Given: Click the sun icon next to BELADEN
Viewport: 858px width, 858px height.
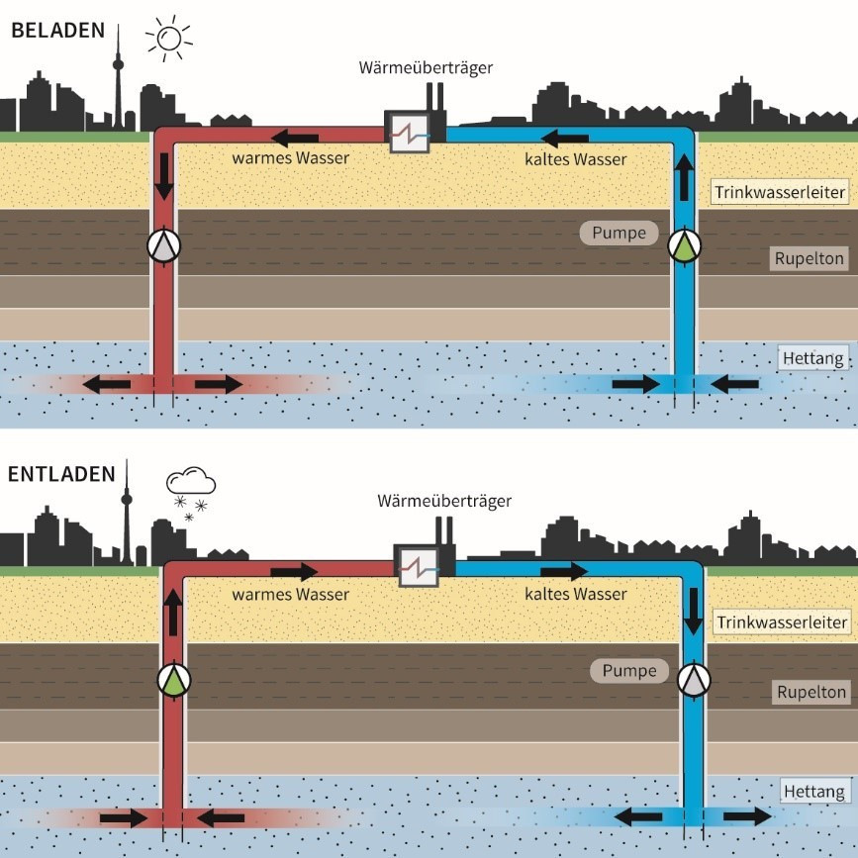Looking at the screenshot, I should click(168, 39).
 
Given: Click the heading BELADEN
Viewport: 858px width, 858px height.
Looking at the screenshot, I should click(57, 30).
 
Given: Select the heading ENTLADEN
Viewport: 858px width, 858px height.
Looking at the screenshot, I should click(61, 473).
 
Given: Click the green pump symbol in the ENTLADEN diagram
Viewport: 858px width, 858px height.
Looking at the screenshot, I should click(174, 679).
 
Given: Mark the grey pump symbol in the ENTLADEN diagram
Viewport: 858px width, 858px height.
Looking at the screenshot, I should click(695, 679).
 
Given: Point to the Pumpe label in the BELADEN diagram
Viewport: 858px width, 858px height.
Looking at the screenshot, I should click(619, 235).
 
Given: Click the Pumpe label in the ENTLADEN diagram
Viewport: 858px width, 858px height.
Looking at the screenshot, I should click(629, 671).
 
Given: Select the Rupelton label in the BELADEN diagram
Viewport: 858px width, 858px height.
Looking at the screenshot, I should click(810, 259).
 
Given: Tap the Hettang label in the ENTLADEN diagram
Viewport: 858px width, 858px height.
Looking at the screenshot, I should click(813, 792).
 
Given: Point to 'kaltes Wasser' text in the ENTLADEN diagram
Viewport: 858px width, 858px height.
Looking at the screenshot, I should click(575, 594).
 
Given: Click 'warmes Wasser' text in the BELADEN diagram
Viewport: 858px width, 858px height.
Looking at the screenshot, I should click(290, 157).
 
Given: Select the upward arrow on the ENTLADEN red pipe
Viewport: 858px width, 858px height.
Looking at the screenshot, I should click(174, 613).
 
